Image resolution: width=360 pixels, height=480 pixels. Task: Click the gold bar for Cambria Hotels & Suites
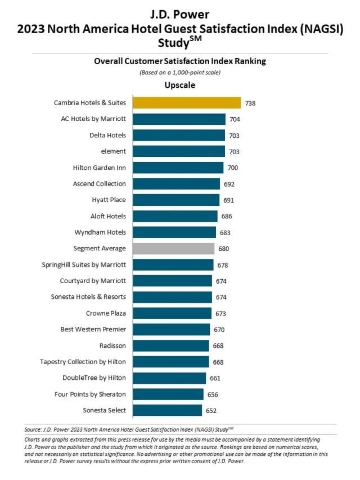pyautogui.click(x=186, y=102)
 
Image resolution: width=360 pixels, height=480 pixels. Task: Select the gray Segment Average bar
pyautogui.click(x=173, y=248)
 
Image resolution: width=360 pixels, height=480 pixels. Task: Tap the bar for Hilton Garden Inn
pyautogui.click(x=178, y=168)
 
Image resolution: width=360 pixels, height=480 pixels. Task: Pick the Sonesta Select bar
pyautogui.click(x=167, y=410)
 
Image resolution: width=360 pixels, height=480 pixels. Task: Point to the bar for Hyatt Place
pyautogui.click(x=176, y=200)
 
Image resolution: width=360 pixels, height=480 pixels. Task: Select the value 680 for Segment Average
pyautogui.click(x=224, y=249)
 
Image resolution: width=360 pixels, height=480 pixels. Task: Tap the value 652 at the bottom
pyautogui.click(x=212, y=411)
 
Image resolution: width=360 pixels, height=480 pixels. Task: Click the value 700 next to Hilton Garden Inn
pyautogui.click(x=233, y=168)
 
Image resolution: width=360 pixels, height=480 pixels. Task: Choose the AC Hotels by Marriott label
pyautogui.click(x=93, y=119)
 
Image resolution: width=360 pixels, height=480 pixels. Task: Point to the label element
pyautogui.click(x=114, y=151)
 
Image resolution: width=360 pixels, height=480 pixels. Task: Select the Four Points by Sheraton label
pyautogui.click(x=90, y=394)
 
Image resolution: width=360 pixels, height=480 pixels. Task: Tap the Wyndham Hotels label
pyautogui.click(x=100, y=232)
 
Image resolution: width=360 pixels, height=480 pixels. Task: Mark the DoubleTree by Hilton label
pyautogui.click(x=94, y=378)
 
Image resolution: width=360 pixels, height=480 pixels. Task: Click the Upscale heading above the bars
pyautogui.click(x=179, y=86)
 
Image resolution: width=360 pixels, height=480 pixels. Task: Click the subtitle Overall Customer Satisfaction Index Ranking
pyautogui.click(x=179, y=61)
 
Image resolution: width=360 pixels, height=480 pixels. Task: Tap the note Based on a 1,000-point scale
pyautogui.click(x=179, y=73)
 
